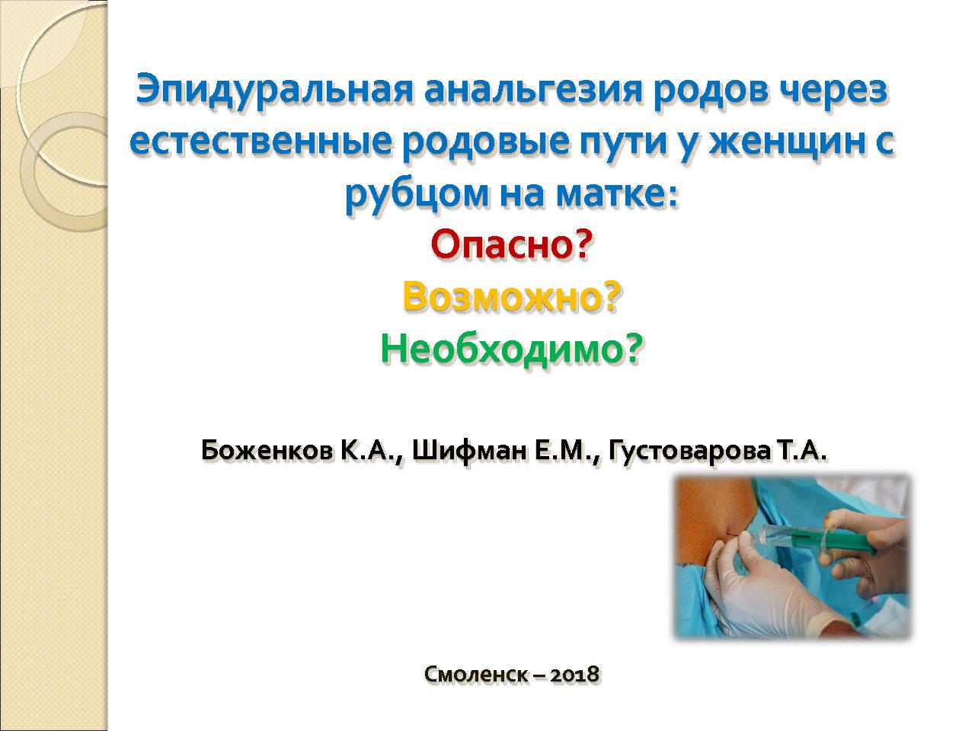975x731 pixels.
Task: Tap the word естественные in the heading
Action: [x=261, y=142]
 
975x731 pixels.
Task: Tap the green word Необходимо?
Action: [x=512, y=350]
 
